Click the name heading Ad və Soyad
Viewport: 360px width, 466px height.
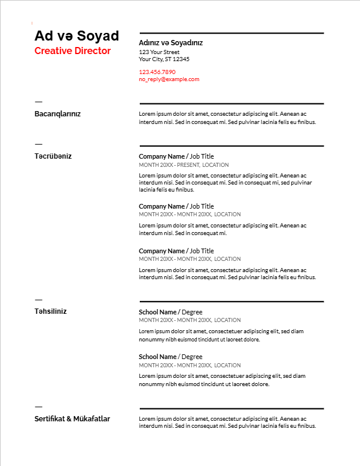[x=76, y=36]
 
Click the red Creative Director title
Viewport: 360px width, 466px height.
[x=72, y=51]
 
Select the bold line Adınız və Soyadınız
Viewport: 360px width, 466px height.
[x=170, y=43]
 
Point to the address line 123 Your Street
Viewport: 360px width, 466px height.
[x=159, y=52]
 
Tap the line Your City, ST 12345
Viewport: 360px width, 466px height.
[x=164, y=59]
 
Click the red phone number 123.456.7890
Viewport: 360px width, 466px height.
[x=157, y=72]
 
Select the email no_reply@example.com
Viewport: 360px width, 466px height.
[x=169, y=79]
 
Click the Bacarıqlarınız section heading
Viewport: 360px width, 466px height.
[x=58, y=114]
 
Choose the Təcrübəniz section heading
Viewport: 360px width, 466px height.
[x=53, y=156]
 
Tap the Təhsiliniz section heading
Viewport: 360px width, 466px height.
[x=51, y=311]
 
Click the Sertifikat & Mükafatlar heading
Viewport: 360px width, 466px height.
[x=72, y=419]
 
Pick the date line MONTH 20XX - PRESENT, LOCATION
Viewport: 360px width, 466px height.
[x=184, y=165]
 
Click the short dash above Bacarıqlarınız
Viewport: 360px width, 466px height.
[x=39, y=102]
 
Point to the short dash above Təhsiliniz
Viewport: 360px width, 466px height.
[x=39, y=299]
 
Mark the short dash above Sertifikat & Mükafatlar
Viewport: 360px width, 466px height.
[x=39, y=406]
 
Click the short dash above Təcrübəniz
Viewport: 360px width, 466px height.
[x=39, y=143]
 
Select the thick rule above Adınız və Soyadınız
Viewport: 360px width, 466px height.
[x=231, y=33]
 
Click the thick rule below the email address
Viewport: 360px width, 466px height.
[x=231, y=103]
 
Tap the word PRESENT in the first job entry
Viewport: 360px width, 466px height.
[x=188, y=165]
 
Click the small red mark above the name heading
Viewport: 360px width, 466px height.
[x=32, y=23]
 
